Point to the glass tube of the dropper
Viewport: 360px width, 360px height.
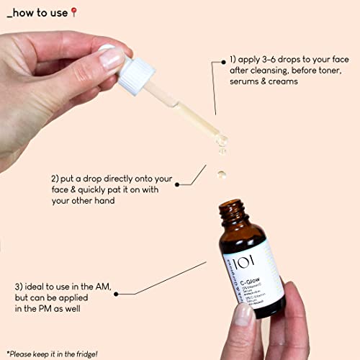pos(194,116)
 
